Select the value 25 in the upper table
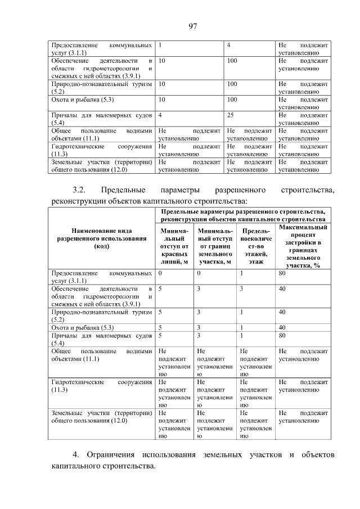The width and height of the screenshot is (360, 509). (x=230, y=115)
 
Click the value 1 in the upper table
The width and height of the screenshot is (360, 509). (x=161, y=44)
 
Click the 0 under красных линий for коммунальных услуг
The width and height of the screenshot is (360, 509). (x=160, y=273)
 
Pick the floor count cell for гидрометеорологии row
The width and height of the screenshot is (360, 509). (x=241, y=288)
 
